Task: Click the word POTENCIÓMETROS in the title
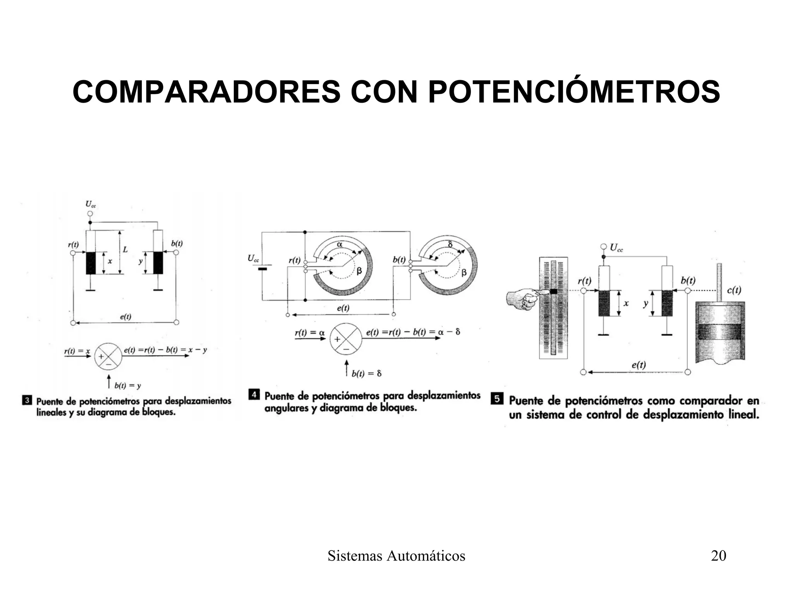tap(574, 92)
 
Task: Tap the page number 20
tap(718, 556)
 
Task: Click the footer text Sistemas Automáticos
tap(396, 556)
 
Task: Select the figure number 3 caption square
tap(27, 400)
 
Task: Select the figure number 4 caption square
tap(254, 395)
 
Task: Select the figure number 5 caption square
tap(497, 399)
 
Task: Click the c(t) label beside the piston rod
tap(733, 290)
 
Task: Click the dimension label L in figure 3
tap(125, 250)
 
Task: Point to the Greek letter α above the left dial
tap(340, 244)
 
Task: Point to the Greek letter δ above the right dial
tap(450, 244)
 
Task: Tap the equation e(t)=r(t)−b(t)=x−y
tap(165, 350)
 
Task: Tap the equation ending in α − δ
tap(413, 332)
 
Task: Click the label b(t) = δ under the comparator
tap(366, 373)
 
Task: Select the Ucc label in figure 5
tap(616, 248)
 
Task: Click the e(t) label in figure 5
tap(639, 364)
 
